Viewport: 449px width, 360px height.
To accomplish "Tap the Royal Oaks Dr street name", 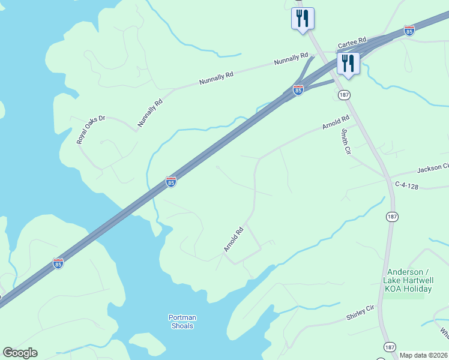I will (91, 130).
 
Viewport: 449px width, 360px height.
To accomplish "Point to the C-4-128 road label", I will (406, 187).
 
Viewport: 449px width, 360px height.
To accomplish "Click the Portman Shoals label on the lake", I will (182, 322).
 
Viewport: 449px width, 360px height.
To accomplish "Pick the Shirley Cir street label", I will (360, 311).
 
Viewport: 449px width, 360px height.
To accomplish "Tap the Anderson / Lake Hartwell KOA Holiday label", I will (408, 280).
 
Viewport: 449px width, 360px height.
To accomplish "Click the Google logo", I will (20, 353).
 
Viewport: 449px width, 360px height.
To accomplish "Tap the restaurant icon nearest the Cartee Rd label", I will (348, 63).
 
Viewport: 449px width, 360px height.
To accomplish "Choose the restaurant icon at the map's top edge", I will (303, 18).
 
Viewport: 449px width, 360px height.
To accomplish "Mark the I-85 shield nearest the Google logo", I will (58, 263).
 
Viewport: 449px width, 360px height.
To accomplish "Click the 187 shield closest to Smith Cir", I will (344, 95).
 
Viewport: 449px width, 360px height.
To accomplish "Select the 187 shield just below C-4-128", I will (391, 217).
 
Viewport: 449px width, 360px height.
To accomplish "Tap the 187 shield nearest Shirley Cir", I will (390, 347).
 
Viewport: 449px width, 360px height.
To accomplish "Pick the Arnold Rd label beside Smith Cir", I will (336, 123).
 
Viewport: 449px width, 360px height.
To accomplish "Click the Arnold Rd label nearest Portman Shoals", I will (234, 239).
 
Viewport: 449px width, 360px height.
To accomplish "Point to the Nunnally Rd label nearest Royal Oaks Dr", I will (150, 113).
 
